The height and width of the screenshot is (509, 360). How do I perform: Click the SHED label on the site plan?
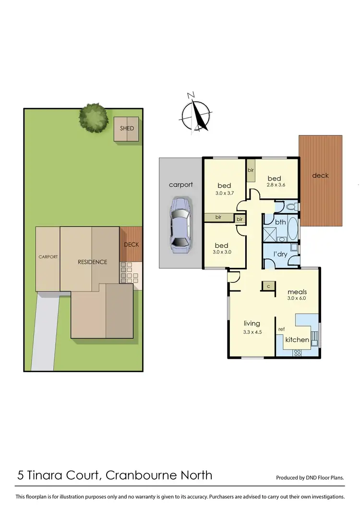[x=127, y=129]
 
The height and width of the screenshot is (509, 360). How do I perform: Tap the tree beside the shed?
[x=93, y=117]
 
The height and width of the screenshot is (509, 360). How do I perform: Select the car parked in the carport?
[x=180, y=224]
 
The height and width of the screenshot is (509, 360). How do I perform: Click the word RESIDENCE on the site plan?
[x=93, y=262]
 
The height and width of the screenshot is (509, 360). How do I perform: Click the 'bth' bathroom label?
[x=280, y=222]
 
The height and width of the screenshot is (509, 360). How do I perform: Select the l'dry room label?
[x=280, y=254]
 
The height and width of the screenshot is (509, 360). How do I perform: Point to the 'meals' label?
[x=297, y=291]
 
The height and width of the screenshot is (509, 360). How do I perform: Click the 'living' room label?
[x=252, y=323]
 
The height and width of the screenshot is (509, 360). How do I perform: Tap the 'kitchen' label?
[x=297, y=339]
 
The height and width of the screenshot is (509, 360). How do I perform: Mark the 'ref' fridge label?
[x=282, y=329]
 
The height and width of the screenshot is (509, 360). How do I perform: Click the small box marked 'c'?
[x=268, y=286]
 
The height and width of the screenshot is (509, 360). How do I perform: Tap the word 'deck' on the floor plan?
[x=320, y=175]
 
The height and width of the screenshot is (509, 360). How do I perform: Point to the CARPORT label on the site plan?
[x=48, y=257]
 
